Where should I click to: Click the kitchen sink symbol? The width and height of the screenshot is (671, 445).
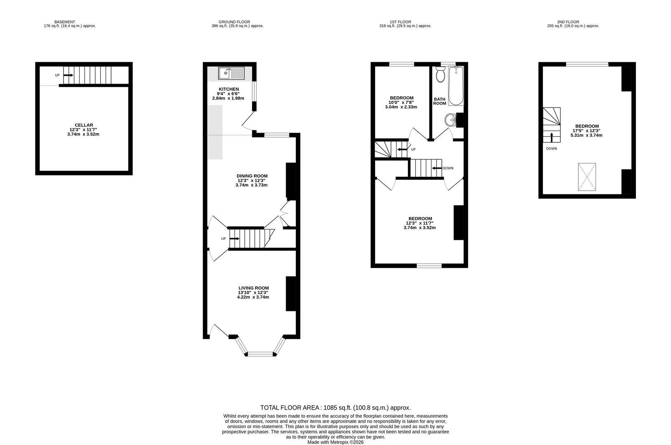click(231, 73)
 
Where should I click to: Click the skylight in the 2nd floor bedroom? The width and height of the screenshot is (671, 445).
click(587, 177)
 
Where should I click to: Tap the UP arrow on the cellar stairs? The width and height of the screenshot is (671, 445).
click(68, 75)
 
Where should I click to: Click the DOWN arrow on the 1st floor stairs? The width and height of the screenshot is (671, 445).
click(436, 168)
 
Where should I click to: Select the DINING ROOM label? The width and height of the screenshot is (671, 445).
click(252, 176)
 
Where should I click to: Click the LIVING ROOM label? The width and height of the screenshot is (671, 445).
click(253, 288)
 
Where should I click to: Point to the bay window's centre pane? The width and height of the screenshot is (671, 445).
click(260, 354)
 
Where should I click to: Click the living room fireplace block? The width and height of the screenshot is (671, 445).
click(291, 293)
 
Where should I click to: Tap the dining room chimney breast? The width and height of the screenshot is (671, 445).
click(291, 181)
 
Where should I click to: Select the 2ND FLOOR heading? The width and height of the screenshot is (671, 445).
click(568, 22)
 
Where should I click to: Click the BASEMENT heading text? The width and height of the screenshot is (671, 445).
click(65, 22)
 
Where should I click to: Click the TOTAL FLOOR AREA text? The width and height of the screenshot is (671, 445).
click(335, 408)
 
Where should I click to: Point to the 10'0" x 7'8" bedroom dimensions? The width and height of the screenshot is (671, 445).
click(401, 103)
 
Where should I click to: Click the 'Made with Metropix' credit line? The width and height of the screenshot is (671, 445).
click(335, 442)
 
